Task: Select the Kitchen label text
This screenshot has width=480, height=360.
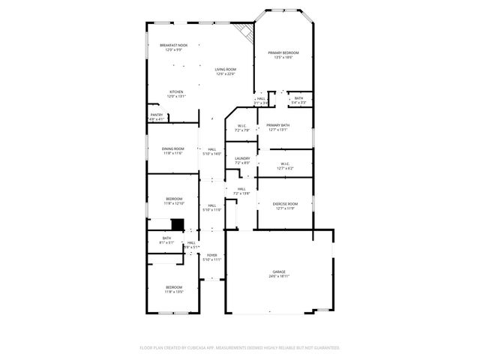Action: [175, 94]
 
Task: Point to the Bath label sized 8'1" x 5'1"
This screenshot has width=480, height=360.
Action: [166, 241]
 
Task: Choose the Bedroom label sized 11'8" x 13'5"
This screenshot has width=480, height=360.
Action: [173, 289]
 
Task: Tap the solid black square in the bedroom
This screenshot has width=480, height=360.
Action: [178, 224]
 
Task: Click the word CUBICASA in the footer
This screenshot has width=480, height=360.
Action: [199, 348]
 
